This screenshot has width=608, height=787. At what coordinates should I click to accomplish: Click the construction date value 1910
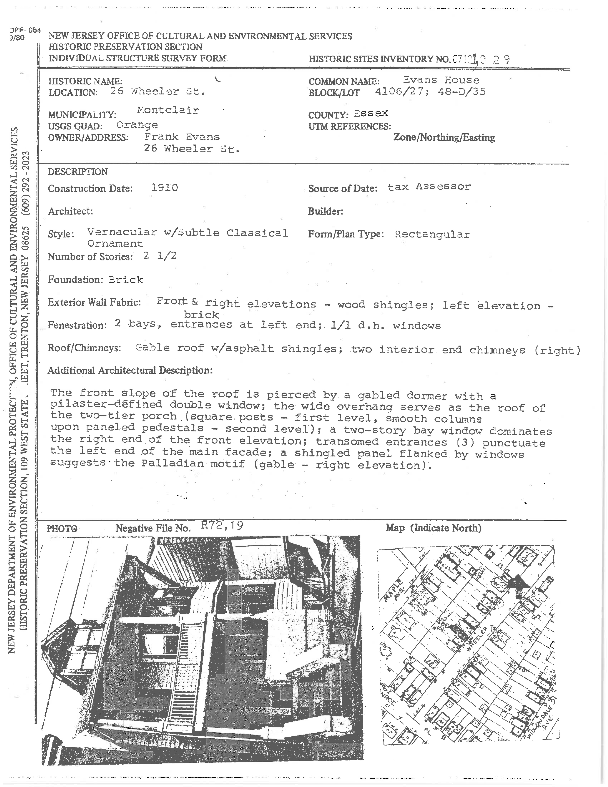pyautogui.click(x=164, y=188)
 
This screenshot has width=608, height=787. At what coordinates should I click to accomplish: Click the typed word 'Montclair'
pyautogui.click(x=168, y=110)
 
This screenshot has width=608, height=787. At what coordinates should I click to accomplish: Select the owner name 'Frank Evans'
pyautogui.click(x=182, y=137)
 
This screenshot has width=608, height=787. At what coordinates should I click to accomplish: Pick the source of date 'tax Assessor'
pyautogui.click(x=429, y=187)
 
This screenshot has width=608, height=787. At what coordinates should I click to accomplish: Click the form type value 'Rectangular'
pyautogui.click(x=432, y=235)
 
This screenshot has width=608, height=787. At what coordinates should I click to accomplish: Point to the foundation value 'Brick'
pyautogui.click(x=126, y=280)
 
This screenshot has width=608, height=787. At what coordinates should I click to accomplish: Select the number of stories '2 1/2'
pyautogui.click(x=160, y=256)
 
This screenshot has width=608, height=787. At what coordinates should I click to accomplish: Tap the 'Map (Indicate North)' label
pyautogui.click(x=433, y=528)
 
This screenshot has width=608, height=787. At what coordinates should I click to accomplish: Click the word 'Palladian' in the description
pyautogui.click(x=172, y=463)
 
